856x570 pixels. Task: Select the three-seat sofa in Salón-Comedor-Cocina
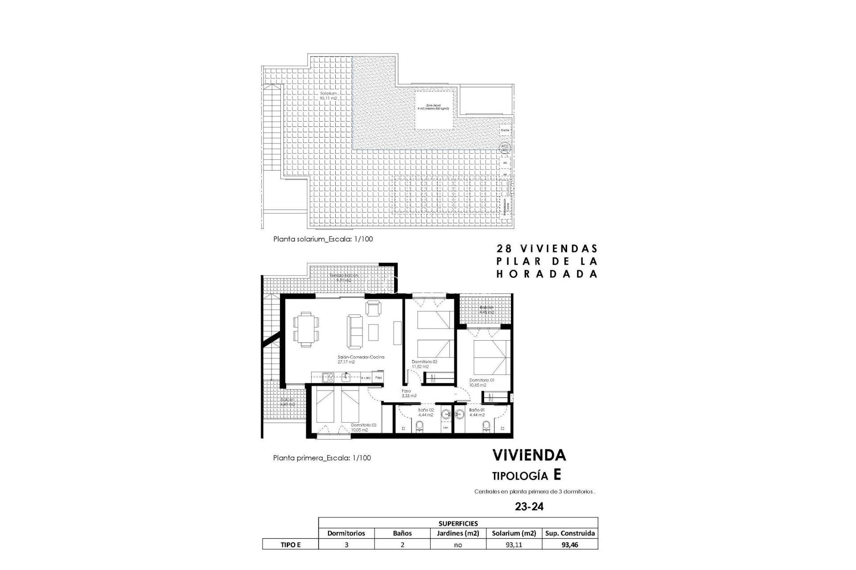coord(355,332)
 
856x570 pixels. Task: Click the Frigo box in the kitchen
coord(379,378)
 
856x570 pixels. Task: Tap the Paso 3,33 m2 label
coord(408,393)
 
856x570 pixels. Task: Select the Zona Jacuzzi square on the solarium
coord(435,111)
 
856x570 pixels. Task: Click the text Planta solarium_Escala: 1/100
coord(323,239)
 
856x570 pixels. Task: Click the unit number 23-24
coord(529,506)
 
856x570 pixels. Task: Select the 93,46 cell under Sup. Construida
coord(570,544)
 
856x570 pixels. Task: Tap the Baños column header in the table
coord(402,533)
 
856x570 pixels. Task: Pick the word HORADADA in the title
coord(547,274)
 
